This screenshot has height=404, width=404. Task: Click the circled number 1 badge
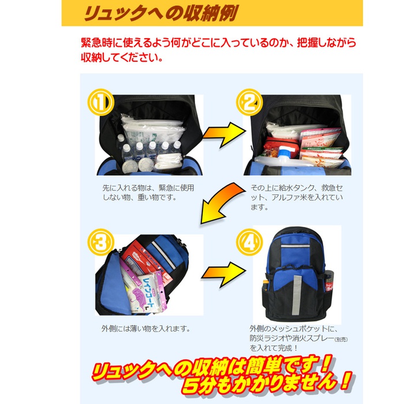point(101,102)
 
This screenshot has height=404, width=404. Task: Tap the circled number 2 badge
point(249,102)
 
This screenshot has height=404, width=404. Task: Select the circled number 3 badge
point(101,242)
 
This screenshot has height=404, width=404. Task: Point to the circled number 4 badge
point(249,242)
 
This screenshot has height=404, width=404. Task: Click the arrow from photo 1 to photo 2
point(225,134)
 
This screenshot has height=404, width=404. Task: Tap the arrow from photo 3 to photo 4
point(224,275)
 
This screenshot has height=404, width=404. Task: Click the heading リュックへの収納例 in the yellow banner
point(160,13)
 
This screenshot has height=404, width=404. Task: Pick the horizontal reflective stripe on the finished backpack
point(295,246)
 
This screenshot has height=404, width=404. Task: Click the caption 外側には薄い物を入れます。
point(146,328)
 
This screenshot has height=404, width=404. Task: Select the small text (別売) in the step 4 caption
point(341,339)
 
